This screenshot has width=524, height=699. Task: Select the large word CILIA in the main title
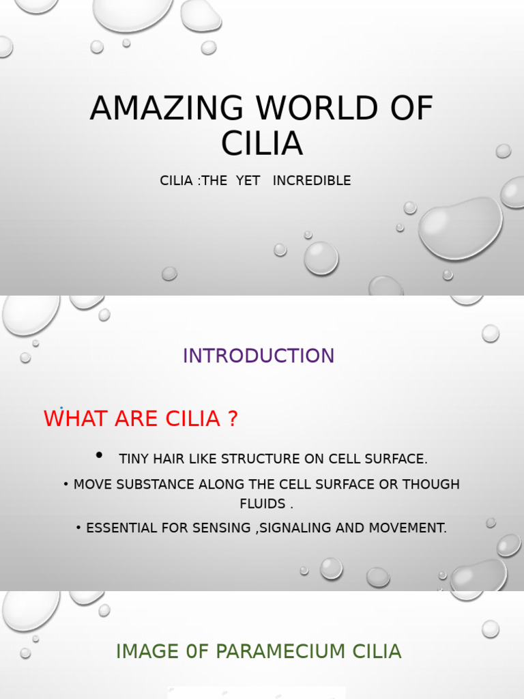[x=262, y=143]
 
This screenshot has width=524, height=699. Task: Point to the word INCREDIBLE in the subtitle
[x=312, y=181]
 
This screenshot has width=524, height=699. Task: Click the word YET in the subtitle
[x=248, y=181]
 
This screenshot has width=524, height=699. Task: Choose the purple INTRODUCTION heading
[x=259, y=356]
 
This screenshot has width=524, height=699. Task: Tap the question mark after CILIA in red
[x=233, y=418]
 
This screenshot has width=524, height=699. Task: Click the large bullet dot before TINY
[x=100, y=455]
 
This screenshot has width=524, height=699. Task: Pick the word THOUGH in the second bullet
[x=431, y=485]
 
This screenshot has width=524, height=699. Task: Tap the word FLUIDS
[x=262, y=504]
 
